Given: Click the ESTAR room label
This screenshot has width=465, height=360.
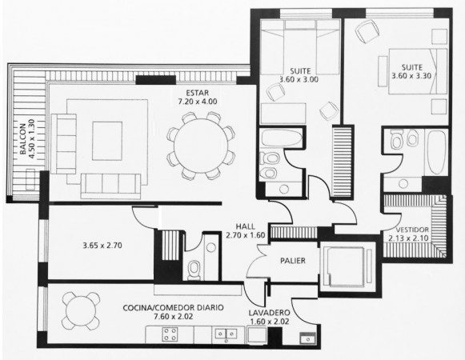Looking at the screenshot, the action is pyautogui.click(x=197, y=93).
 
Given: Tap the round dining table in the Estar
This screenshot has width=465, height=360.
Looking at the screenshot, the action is pyautogui.click(x=201, y=146).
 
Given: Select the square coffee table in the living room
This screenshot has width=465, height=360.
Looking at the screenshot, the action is pyautogui.click(x=107, y=141).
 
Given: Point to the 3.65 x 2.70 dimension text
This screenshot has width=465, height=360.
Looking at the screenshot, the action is pyautogui.click(x=102, y=246).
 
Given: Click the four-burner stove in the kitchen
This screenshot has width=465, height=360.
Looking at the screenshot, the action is pyautogui.click(x=170, y=334).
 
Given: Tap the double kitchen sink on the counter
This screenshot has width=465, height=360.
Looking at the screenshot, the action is pyautogui.click(x=226, y=334).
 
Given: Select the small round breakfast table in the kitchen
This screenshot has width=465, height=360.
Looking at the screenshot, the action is pyautogui.click(x=81, y=310).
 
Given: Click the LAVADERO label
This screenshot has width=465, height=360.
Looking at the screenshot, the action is pyautogui.click(x=269, y=313).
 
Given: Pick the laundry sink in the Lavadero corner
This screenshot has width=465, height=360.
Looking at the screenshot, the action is pyautogui.click(x=307, y=338).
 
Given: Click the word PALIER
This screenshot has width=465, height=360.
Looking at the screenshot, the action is pyautogui.click(x=293, y=261).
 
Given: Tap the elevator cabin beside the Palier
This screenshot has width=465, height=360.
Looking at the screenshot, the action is pyautogui.click(x=346, y=266).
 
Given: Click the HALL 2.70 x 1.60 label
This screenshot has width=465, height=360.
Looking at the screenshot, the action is pyautogui.click(x=245, y=230).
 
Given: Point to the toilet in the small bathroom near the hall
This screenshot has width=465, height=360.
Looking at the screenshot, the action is pyautogui.click(x=194, y=270).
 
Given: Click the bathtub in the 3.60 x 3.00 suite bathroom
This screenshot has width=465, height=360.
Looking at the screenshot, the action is pyautogui.click(x=282, y=138).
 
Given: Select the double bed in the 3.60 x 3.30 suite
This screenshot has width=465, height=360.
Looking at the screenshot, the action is pyautogui.click(x=418, y=71).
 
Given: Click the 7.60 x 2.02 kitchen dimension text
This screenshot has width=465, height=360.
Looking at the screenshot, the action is pyautogui.click(x=174, y=317).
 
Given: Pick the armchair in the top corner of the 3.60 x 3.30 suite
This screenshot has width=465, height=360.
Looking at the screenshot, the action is pyautogui.click(x=367, y=31).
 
